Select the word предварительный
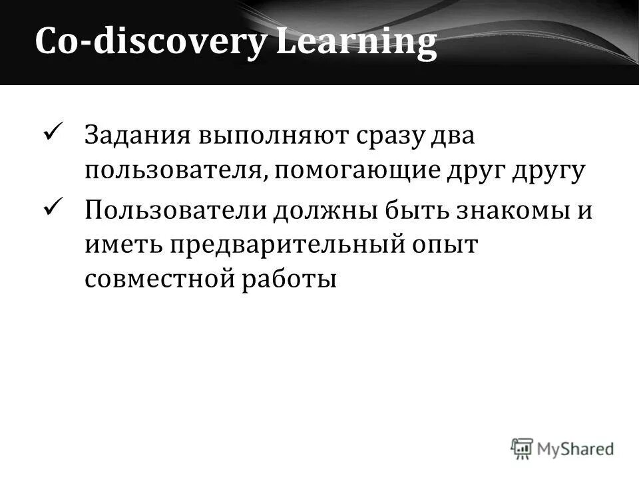tap(287, 245)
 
